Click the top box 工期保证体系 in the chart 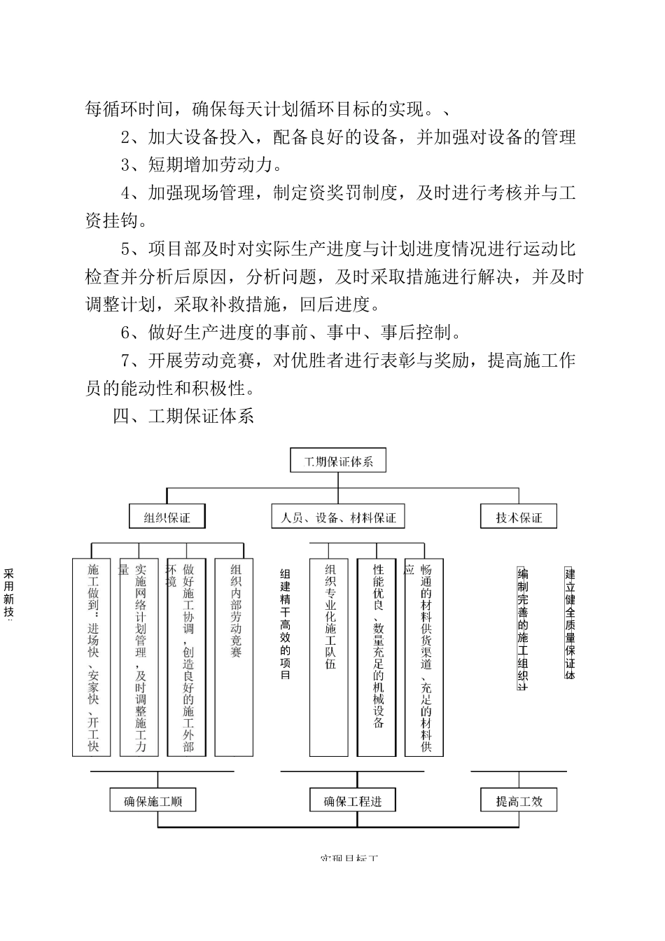pyautogui.click(x=338, y=461)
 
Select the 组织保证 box pyautogui.click(x=167, y=517)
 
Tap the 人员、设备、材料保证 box pyautogui.click(x=338, y=517)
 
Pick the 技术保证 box pyautogui.click(x=519, y=517)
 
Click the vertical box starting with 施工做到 pyautogui.click(x=92, y=657)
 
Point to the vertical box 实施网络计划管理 pyautogui.click(x=139, y=657)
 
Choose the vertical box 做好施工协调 pyautogui.click(x=187, y=657)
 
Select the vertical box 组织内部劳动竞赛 pyautogui.click(x=234, y=657)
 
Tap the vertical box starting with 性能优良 pyautogui.click(x=377, y=657)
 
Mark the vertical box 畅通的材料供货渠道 pyautogui.click(x=425, y=657)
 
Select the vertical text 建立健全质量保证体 pyautogui.click(x=569, y=623)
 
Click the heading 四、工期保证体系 pyautogui.click(x=183, y=417)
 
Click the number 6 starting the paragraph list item pyautogui.click(x=126, y=333)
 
